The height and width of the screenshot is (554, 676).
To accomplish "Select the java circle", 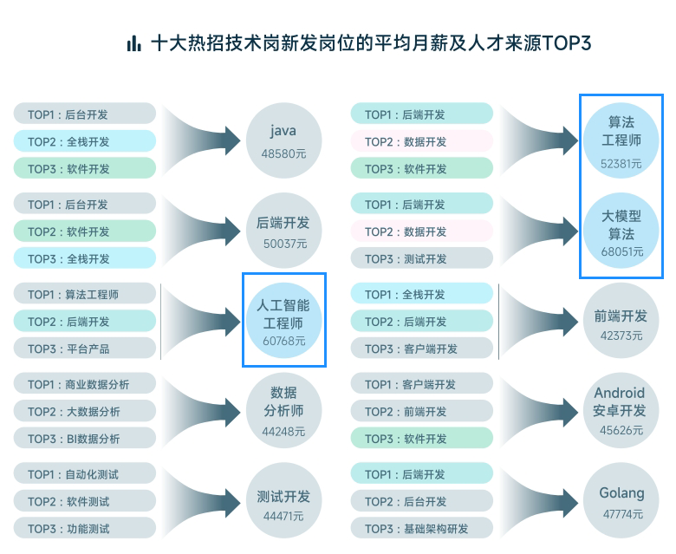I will click(283, 139).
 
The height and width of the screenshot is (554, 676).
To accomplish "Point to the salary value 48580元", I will click(283, 153).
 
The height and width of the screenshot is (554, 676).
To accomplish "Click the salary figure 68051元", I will click(621, 251).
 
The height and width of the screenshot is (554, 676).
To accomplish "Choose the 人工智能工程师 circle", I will click(283, 319).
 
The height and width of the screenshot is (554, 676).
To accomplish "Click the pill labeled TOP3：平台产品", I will click(85, 349).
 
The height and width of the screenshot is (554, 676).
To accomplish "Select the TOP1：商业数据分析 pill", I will click(85, 384).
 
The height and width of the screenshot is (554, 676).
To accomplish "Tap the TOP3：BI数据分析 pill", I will click(85, 439).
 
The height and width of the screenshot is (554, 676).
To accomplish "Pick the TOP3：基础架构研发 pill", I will click(422, 529).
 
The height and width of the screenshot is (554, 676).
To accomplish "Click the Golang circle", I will click(621, 499).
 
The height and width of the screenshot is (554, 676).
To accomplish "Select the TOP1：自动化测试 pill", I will click(85, 474).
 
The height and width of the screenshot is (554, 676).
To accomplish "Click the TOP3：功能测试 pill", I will click(85, 529).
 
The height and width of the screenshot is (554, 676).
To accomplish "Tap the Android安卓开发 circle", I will click(621, 409).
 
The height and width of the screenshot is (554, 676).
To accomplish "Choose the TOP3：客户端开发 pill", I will click(422, 349).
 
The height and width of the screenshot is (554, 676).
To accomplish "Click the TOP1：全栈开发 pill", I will click(422, 295).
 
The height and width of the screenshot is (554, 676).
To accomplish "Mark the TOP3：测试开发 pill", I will click(422, 258).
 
